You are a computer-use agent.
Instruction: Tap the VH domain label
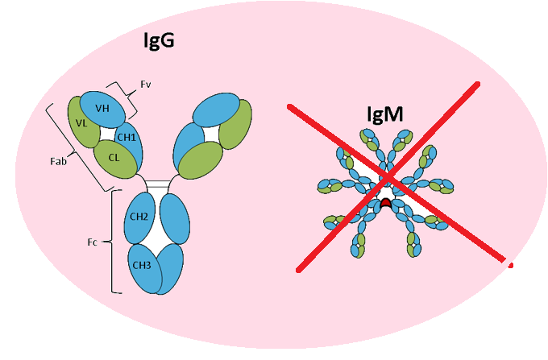(x=103, y=108)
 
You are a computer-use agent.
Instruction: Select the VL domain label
(x=81, y=123)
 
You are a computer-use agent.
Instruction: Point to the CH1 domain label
(x=127, y=137)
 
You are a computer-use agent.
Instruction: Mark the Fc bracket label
(x=94, y=240)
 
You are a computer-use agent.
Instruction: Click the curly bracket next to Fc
(x=111, y=240)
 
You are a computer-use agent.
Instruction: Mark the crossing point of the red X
(x=390, y=176)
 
